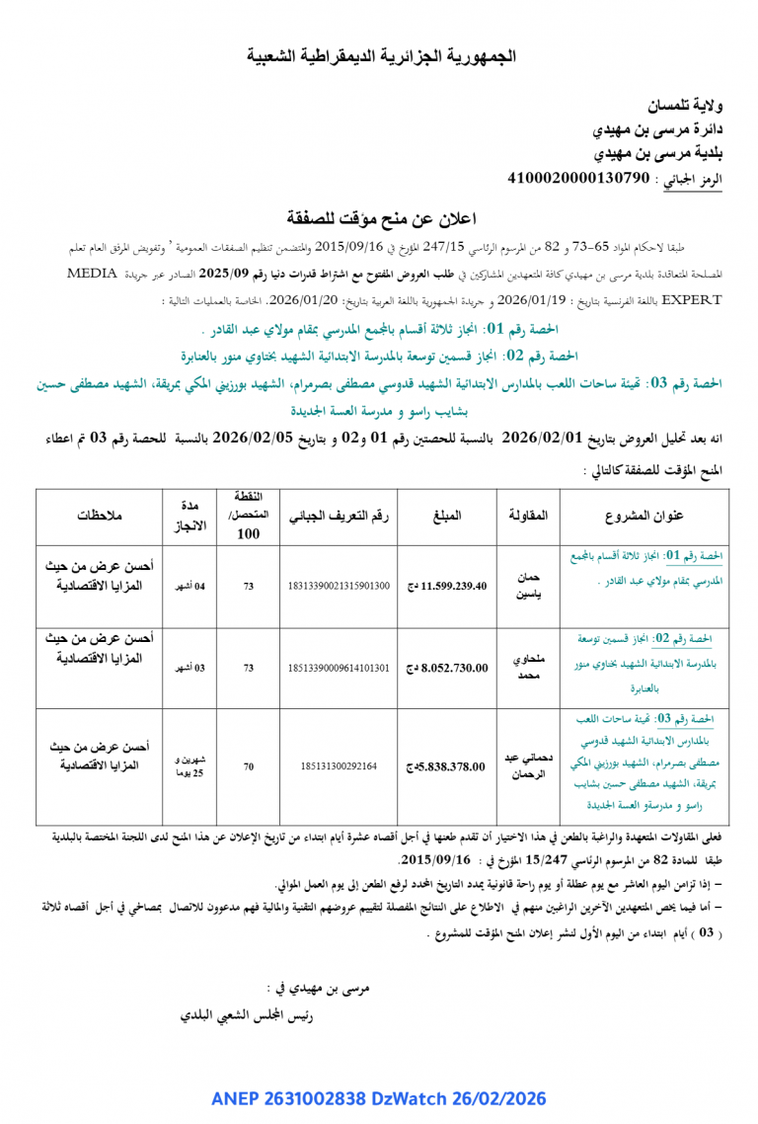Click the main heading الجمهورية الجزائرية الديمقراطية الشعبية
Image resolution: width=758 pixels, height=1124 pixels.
pyautogui.click(x=381, y=57)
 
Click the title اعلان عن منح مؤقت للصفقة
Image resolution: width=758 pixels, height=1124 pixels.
pyautogui.click(x=381, y=218)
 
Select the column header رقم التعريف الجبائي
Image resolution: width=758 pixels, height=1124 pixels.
pyautogui.click(x=339, y=516)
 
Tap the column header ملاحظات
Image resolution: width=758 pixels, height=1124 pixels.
pyautogui.click(x=100, y=516)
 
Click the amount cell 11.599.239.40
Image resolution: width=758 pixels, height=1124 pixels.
pyautogui.click(x=447, y=586)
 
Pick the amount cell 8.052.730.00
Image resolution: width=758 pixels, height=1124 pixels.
pyautogui.click(x=447, y=668)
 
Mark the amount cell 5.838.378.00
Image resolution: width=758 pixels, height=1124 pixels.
pyautogui.click(x=447, y=765)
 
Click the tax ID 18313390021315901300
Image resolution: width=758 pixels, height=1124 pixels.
pyautogui.click(x=339, y=586)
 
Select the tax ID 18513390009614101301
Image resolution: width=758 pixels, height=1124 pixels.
pyautogui.click(x=339, y=668)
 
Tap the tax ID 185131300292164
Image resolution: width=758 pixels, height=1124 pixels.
pyautogui.click(x=339, y=765)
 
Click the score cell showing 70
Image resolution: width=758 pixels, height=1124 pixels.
pyautogui.click(x=249, y=765)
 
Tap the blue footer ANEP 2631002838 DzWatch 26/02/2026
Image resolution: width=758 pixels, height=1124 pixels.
pyautogui.click(x=378, y=1098)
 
